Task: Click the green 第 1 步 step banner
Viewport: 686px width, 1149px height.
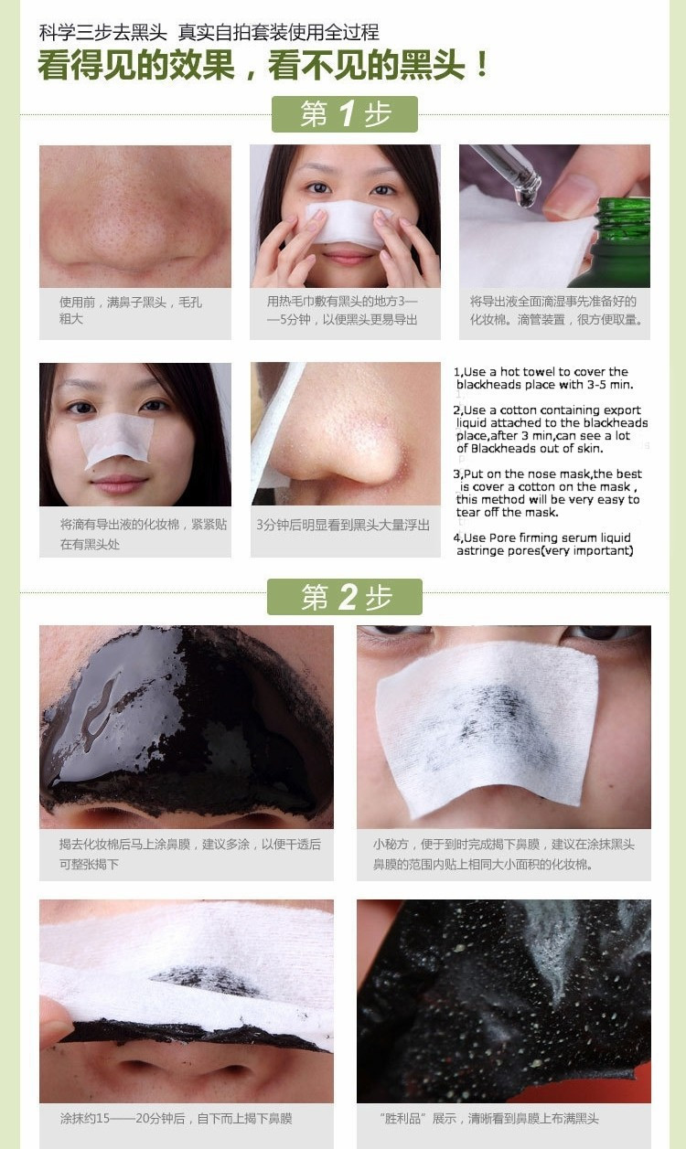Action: click(344, 114)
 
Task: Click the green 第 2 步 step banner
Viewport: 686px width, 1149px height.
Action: click(344, 597)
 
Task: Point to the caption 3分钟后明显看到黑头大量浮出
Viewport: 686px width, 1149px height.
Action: click(343, 526)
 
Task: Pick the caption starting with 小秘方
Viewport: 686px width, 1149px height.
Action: click(502, 854)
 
